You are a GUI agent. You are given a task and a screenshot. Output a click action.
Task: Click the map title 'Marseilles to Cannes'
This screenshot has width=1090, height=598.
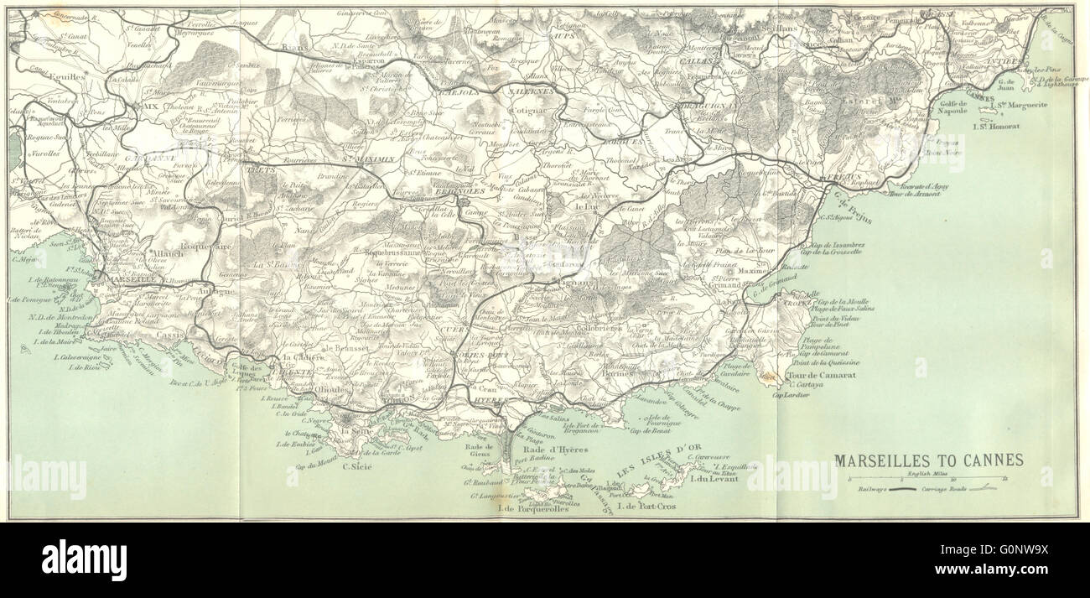928,460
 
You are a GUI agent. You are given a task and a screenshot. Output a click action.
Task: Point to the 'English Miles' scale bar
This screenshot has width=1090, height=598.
928,479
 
